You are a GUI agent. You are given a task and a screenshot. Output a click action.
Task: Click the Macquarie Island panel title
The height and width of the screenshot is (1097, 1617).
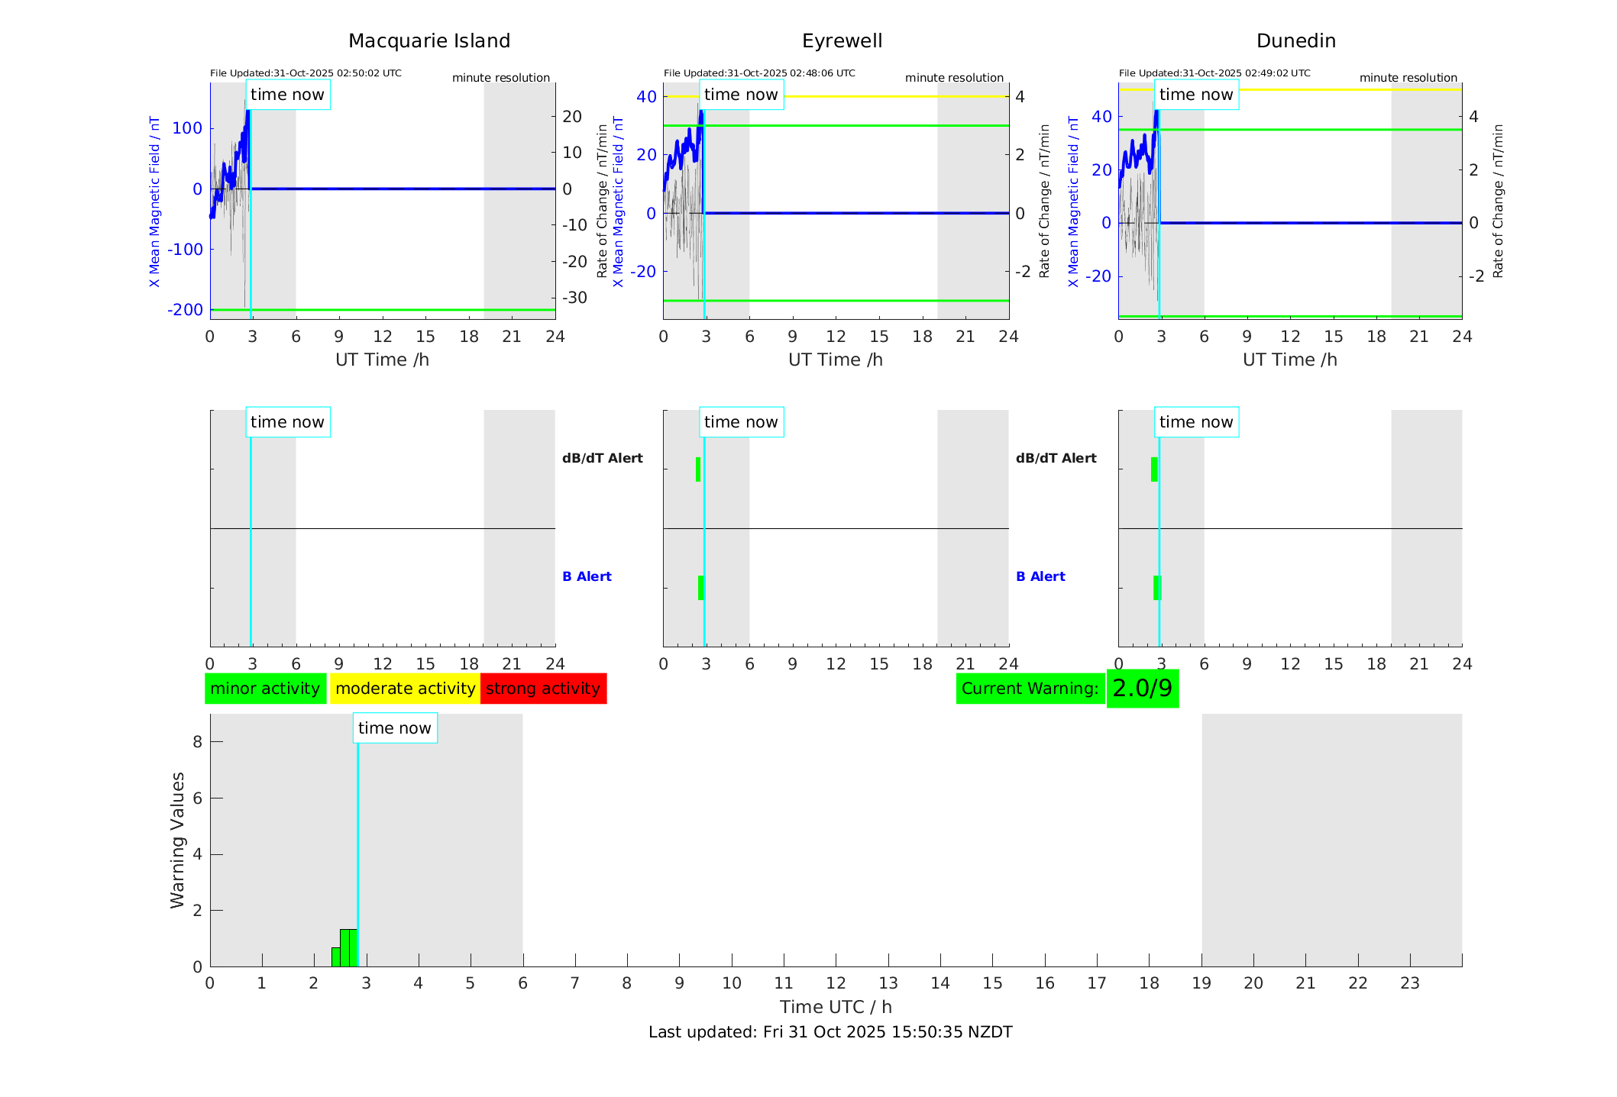click(x=429, y=41)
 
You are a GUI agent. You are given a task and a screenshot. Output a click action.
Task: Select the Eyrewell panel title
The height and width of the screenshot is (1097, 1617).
click(x=842, y=41)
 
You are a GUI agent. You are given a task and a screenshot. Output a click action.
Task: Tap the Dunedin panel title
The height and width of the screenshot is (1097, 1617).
click(x=1295, y=41)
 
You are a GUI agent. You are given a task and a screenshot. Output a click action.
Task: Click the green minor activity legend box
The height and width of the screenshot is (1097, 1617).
click(x=265, y=689)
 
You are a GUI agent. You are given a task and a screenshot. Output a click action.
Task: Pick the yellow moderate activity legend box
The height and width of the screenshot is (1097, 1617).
click(x=405, y=689)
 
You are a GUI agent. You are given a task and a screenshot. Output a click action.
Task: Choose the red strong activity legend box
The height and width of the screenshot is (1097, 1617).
click(x=543, y=689)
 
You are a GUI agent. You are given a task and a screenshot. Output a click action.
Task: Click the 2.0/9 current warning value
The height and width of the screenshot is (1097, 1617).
click(x=1142, y=689)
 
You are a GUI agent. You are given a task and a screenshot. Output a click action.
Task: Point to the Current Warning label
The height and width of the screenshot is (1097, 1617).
click(x=1030, y=689)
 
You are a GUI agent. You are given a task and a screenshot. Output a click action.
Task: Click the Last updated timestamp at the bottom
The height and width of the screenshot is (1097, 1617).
click(x=830, y=1032)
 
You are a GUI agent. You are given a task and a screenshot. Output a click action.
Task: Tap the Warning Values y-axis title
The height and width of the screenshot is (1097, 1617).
click(x=177, y=840)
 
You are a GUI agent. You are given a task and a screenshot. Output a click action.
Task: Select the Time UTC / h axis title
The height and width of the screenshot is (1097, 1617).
click(x=836, y=1007)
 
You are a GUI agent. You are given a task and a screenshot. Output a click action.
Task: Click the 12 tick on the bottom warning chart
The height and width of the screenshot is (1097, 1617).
click(x=836, y=983)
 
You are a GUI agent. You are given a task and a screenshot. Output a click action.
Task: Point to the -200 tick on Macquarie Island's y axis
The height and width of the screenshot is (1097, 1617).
click(x=185, y=310)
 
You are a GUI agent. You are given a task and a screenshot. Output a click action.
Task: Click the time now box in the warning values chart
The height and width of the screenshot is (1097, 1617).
click(x=395, y=728)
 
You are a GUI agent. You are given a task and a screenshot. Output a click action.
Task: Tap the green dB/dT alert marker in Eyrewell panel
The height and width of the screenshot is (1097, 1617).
click(x=698, y=469)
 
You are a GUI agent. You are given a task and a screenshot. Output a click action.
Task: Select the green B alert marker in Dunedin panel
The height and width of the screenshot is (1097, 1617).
click(x=1156, y=588)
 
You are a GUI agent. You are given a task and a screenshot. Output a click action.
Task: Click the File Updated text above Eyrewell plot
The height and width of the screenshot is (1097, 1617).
click(x=759, y=73)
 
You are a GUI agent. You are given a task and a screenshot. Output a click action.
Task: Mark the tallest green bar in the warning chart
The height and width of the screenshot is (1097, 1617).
click(x=348, y=947)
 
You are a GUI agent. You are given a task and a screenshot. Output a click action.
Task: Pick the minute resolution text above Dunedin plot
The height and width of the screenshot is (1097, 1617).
click(x=1408, y=78)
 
